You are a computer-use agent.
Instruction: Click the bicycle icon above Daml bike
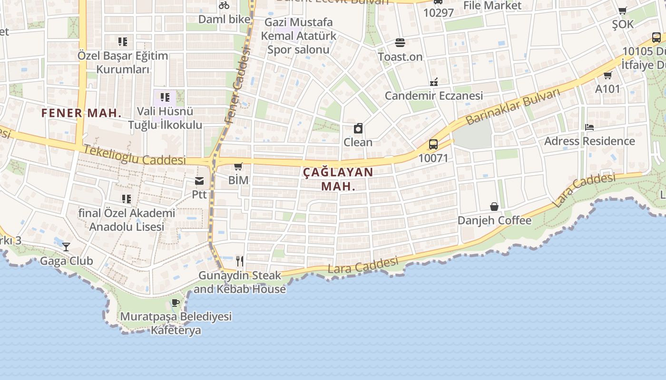(x=224, y=5)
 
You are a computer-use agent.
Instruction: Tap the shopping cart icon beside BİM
(x=238, y=166)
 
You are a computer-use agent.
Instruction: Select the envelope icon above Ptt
(x=199, y=180)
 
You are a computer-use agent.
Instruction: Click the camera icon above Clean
(x=358, y=128)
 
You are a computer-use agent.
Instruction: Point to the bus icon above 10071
(x=433, y=144)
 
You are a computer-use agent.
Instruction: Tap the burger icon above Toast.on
(x=400, y=42)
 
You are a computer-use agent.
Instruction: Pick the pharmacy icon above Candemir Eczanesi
(x=433, y=82)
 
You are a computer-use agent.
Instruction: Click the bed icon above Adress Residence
(x=589, y=127)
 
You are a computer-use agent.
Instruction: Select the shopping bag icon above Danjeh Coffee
(x=494, y=207)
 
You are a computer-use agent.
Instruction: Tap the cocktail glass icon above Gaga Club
(x=66, y=247)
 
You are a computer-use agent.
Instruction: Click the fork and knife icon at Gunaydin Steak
(x=240, y=261)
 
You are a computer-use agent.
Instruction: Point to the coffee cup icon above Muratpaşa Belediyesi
(x=176, y=303)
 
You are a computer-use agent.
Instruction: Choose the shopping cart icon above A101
(x=607, y=75)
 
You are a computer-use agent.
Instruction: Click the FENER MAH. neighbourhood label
(x=81, y=113)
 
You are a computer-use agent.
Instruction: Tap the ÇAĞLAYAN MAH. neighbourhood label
(x=338, y=179)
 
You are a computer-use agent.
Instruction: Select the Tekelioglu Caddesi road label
(x=135, y=155)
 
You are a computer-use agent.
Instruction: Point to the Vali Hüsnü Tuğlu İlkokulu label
(x=165, y=118)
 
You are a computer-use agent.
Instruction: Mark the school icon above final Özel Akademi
(x=127, y=199)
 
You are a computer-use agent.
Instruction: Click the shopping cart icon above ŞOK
(x=622, y=10)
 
